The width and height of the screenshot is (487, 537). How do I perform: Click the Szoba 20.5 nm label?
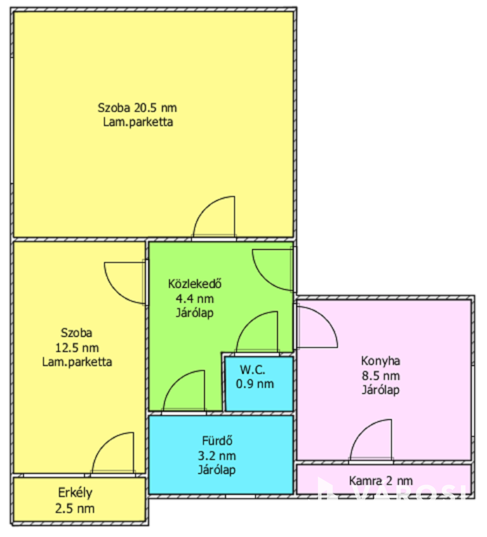click(x=137, y=108)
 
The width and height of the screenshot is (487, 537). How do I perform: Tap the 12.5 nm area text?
click(x=77, y=348)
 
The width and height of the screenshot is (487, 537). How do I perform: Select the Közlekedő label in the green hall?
click(x=195, y=284)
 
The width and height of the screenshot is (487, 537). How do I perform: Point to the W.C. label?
click(x=253, y=370)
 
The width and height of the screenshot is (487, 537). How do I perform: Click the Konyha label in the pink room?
click(x=380, y=361)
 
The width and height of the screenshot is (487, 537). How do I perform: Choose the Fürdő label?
click(x=217, y=441)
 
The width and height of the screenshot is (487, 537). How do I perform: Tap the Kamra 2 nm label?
click(x=381, y=481)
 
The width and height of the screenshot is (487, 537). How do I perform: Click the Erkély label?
click(x=75, y=493)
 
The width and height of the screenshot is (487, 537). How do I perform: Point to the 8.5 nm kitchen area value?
click(x=381, y=376)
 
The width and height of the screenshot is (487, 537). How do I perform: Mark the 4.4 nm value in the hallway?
click(x=195, y=298)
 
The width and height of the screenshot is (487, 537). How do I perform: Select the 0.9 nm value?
click(x=255, y=384)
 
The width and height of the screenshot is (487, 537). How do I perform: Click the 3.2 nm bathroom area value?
click(x=217, y=456)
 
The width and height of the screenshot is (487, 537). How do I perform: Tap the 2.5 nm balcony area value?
click(x=75, y=508)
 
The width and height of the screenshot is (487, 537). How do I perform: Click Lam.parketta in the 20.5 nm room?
click(x=138, y=122)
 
